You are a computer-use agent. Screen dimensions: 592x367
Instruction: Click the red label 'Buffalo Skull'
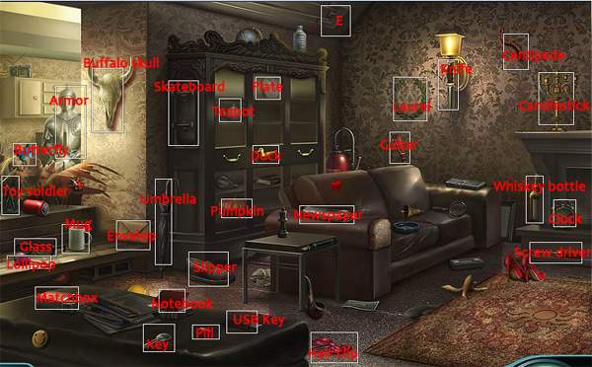pos(120,63)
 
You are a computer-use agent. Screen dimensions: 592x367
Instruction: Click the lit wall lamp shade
pos(450,44)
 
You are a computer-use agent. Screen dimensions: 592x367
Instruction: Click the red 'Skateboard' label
pos(189,87)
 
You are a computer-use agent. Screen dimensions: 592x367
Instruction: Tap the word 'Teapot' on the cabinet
pos(234,111)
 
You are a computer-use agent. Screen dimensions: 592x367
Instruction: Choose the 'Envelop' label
pos(131,236)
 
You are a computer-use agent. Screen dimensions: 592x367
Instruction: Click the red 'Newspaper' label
pos(330,215)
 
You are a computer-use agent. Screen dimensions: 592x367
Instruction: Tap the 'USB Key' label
pos(259,319)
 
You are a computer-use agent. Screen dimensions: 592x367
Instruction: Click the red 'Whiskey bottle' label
pos(539,186)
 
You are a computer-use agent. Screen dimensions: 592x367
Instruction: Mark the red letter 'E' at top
pos(338,20)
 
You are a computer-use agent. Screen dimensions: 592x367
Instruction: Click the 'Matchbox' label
pos(66,296)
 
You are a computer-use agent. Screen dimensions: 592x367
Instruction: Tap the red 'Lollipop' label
pos(31,263)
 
